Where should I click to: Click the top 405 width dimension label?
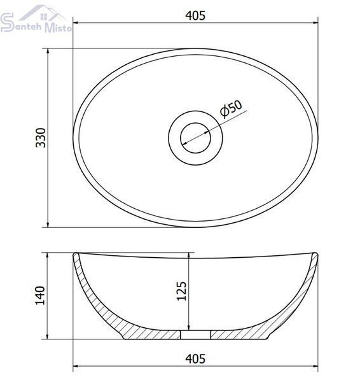195,15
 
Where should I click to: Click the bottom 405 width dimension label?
195,359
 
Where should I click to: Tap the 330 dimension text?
41,138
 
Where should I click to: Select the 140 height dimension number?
40,295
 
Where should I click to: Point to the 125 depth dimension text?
181,291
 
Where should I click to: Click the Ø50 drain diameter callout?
231,108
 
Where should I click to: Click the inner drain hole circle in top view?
195,124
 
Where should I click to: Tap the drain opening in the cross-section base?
195,335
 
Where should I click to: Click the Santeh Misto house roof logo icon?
43,14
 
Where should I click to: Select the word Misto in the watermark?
59,27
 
